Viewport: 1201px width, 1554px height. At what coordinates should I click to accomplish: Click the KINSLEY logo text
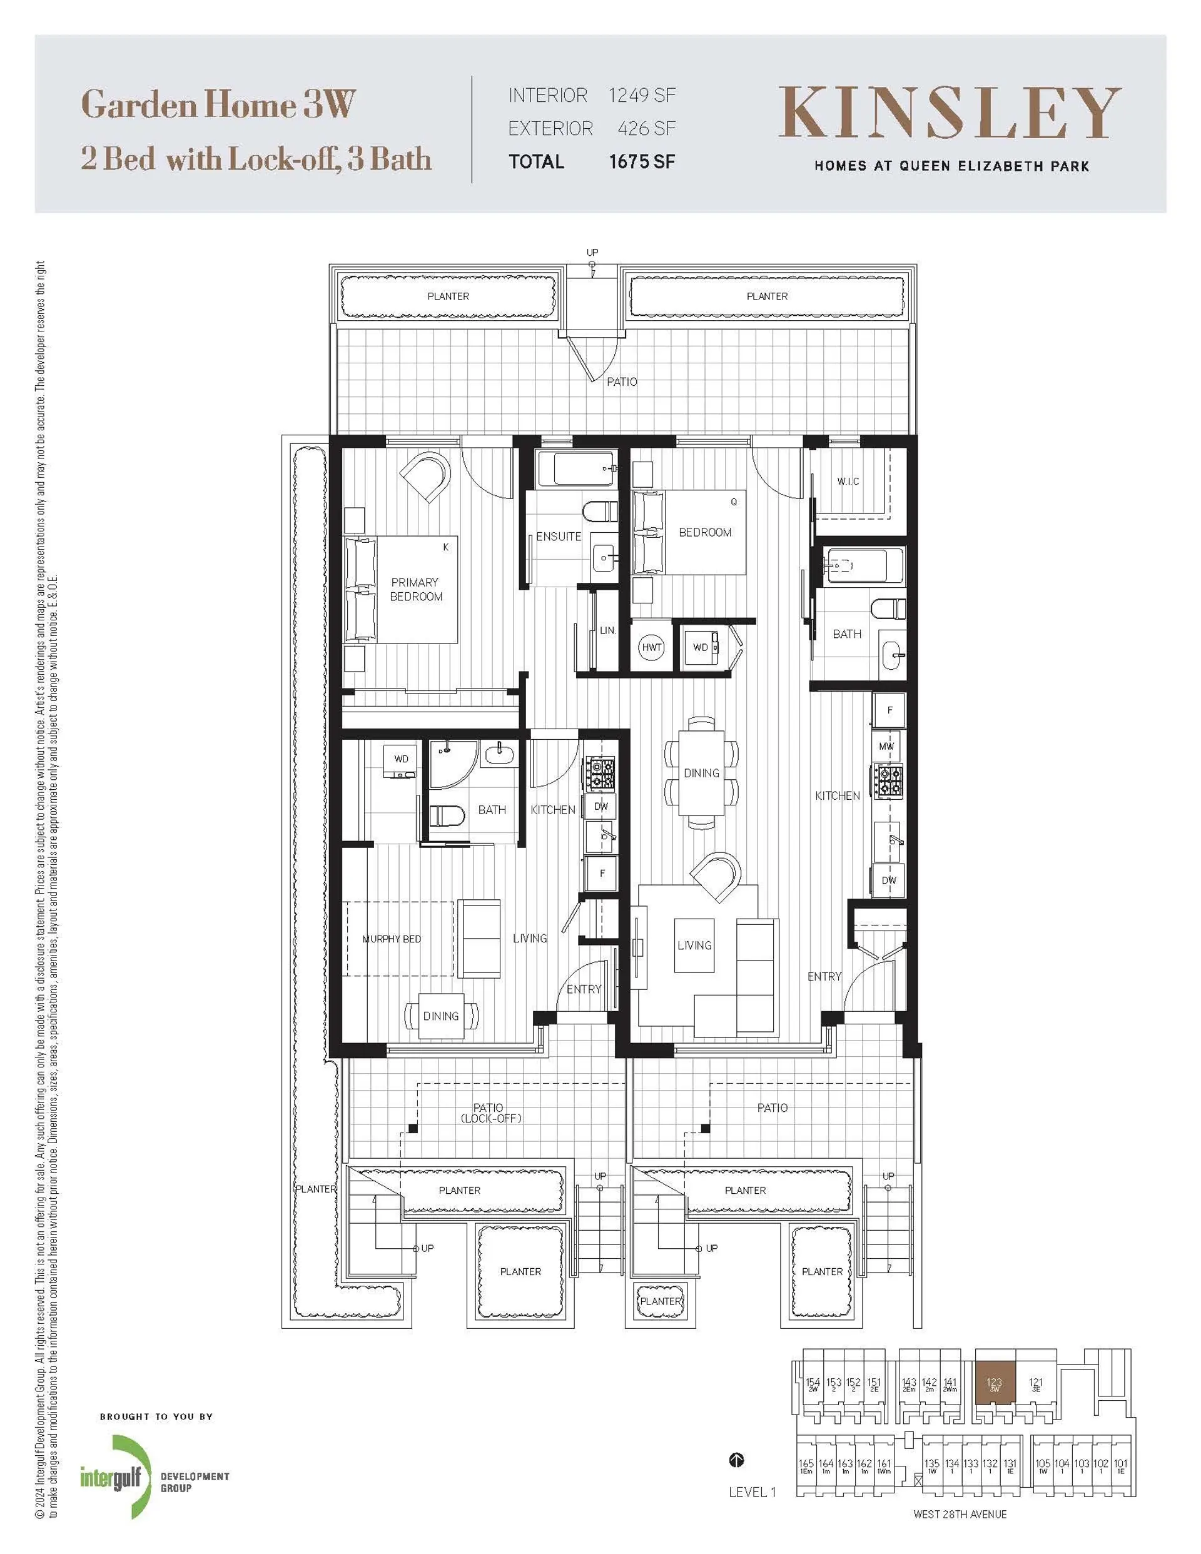tap(950, 113)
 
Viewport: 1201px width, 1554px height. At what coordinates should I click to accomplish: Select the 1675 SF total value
tap(641, 161)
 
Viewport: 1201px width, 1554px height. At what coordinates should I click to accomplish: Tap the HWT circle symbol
tap(651, 647)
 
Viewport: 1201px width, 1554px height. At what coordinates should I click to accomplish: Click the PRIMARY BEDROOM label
tap(416, 589)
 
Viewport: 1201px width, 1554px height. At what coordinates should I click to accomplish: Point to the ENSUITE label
tap(558, 537)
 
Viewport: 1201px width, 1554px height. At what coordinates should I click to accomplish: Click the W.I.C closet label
tap(847, 482)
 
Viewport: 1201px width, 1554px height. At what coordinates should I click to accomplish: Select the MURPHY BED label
tap(392, 939)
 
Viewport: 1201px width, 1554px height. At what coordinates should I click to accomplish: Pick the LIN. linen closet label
tap(607, 630)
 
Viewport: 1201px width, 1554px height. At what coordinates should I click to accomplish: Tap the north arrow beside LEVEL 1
tap(737, 1461)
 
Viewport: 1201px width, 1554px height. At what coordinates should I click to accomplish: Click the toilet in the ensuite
tap(599, 512)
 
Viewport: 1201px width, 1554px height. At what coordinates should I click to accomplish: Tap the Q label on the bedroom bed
tap(733, 502)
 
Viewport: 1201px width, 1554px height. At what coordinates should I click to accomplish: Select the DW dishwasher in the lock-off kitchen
tap(601, 806)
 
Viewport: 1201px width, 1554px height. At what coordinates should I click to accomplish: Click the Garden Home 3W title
tap(218, 105)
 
